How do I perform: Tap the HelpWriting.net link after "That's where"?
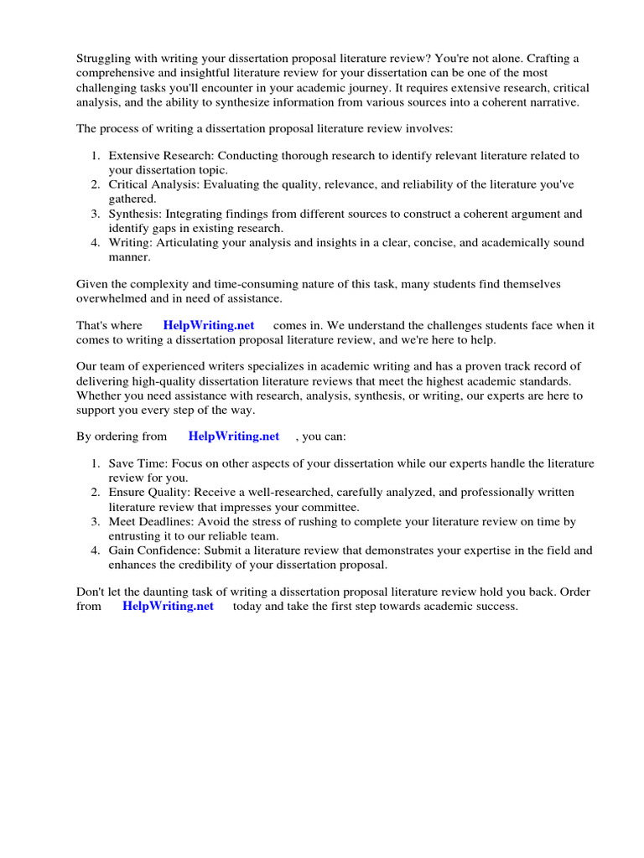coord(209,326)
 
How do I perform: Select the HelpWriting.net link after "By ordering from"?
coord(234,437)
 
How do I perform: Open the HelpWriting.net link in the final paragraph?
coord(168,606)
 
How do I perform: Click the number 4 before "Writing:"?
coord(96,243)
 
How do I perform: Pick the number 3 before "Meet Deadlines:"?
coord(96,522)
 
